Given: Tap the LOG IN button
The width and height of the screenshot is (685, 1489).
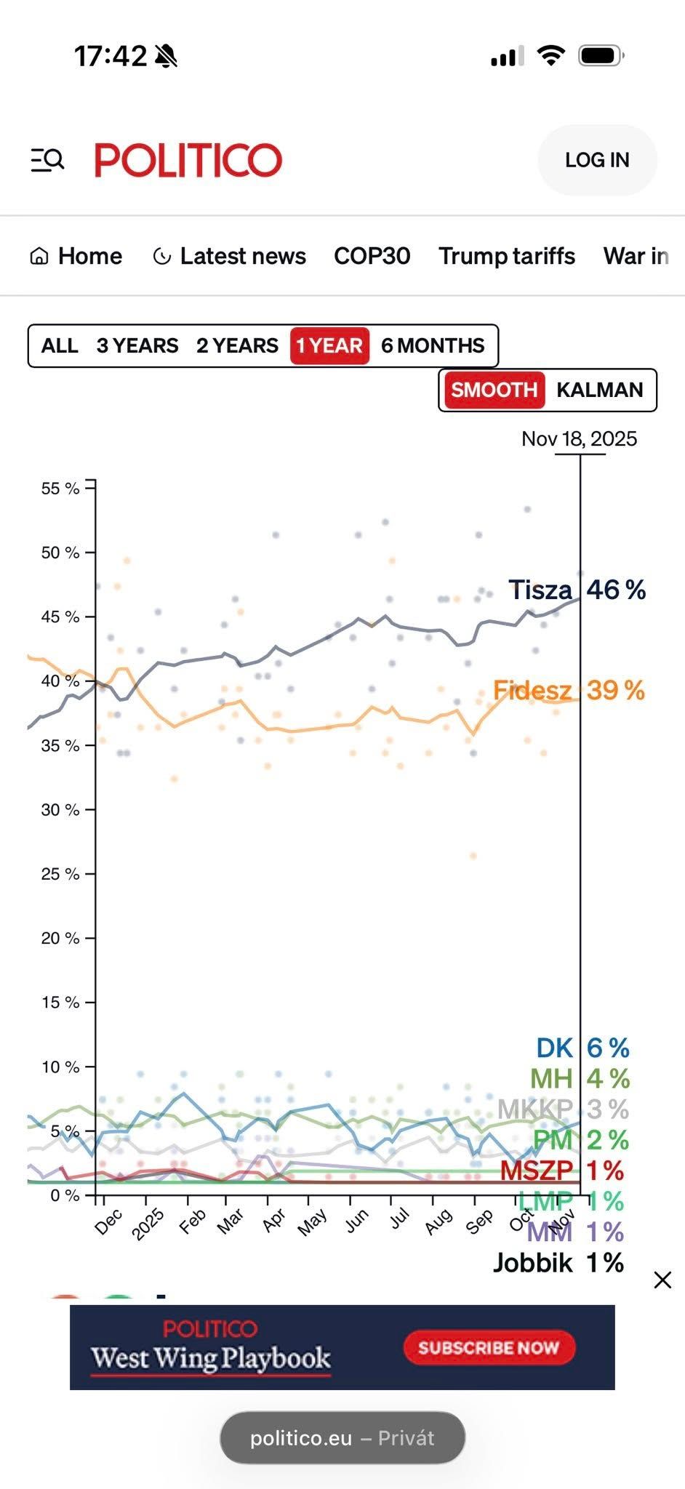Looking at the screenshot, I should coord(597,160).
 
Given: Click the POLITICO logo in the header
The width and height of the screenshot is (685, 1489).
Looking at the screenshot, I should coord(188,160).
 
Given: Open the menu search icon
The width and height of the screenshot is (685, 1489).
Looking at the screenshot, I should coord(47,160).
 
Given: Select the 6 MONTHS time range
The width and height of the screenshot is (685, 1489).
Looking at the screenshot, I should coord(433,345).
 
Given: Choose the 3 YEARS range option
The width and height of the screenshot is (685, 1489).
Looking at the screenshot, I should coord(137,345).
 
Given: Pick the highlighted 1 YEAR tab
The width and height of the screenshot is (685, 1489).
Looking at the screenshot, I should coord(329,345).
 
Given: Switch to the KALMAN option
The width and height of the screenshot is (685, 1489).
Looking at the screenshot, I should coord(599,390).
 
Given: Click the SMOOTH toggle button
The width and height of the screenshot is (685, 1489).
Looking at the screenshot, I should coord(494,390).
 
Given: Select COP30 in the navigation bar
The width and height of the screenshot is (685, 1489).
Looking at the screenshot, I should coord(372,256).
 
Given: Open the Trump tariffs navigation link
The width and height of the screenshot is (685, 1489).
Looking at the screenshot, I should coord(506,256).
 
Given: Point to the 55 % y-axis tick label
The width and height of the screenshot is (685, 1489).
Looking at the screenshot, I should coord(60,489).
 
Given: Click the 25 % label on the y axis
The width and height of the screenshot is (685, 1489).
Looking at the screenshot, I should coord(60,874).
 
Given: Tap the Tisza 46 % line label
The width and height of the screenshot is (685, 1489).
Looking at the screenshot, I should coord(577,590).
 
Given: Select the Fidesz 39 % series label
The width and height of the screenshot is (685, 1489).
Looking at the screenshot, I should coord(569,690).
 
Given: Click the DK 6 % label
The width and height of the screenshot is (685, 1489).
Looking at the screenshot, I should coord(582,1048).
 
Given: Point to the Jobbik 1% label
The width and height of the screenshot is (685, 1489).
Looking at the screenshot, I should coord(558,1263).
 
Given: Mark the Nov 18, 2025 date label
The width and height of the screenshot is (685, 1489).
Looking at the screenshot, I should coord(579,439).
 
